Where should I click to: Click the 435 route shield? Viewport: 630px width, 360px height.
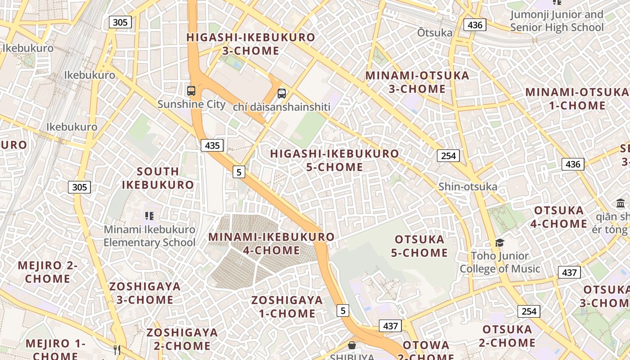(x=212, y=145)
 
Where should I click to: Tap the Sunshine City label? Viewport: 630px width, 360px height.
(x=191, y=104)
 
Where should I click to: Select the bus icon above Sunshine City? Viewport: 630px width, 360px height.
(x=191, y=91)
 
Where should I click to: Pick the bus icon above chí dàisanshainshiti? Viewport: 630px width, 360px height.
(x=282, y=94)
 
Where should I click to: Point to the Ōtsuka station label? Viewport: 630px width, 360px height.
(x=434, y=33)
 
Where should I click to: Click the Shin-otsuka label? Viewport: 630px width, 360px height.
(x=468, y=187)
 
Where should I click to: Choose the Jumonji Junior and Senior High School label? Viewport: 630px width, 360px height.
(x=557, y=21)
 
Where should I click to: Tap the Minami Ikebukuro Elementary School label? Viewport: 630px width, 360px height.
(x=149, y=236)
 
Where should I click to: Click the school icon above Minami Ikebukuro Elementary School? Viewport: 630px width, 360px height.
(x=149, y=216)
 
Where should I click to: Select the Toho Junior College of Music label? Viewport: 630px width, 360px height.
(x=499, y=262)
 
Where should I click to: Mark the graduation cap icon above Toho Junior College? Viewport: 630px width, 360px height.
(x=499, y=243)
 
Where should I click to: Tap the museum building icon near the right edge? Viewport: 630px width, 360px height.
(x=621, y=203)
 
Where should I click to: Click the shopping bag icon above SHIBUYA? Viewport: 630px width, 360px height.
(x=352, y=345)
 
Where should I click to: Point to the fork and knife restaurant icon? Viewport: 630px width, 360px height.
(x=117, y=350)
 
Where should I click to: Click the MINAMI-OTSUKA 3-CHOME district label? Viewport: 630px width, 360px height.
(x=417, y=82)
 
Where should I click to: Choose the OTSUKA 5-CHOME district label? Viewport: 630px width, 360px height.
(x=419, y=246)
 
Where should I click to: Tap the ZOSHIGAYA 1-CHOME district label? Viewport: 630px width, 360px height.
(x=287, y=307)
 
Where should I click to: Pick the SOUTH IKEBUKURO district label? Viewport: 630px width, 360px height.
(x=158, y=178)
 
